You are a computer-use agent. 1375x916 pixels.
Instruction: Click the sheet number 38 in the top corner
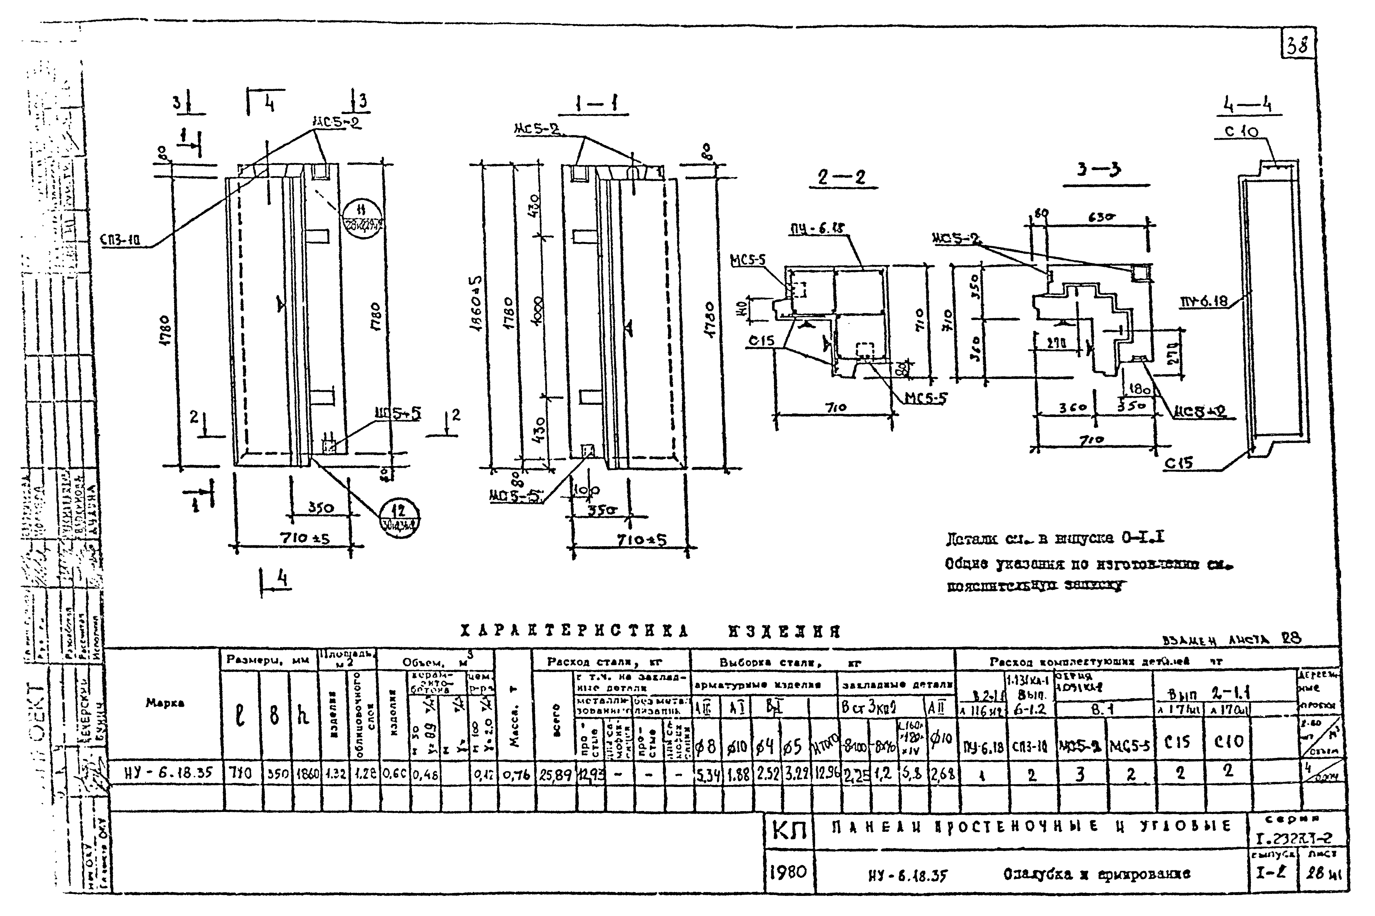[x=1297, y=45]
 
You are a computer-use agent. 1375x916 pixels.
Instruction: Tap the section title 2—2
[x=842, y=177]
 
